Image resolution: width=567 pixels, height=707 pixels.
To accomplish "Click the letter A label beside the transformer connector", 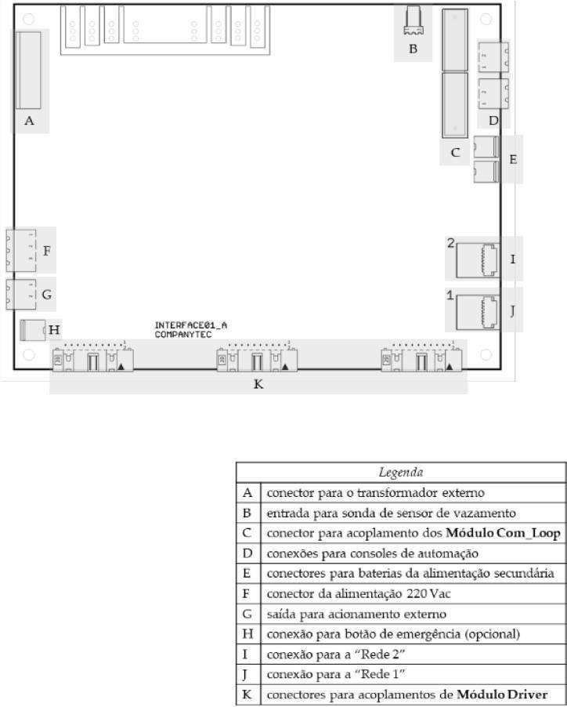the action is (x=29, y=121).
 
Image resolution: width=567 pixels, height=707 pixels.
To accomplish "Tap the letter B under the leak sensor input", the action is (x=413, y=49).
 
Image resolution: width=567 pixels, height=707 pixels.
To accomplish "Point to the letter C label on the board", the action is (x=455, y=152).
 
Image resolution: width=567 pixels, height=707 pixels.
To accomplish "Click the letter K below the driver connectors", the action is (x=258, y=384).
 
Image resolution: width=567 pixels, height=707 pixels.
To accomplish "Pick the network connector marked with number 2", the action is (x=478, y=260).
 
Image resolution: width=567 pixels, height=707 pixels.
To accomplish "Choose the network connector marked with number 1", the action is (x=478, y=312).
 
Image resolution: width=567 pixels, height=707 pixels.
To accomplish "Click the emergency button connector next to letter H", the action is (x=33, y=330).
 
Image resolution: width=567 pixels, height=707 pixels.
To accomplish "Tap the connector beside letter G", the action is (x=20, y=295).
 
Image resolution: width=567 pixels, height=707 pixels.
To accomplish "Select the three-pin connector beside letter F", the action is (x=20, y=251).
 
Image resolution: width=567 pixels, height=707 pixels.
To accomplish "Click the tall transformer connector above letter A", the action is (x=28, y=70).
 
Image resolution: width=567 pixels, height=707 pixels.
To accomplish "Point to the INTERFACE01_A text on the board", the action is (x=191, y=325).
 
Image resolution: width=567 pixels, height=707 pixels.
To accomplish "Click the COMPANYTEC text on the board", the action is (x=182, y=335).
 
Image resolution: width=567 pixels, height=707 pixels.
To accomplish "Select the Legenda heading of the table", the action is (x=401, y=472).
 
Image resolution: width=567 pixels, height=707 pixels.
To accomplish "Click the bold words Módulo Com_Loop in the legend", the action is (x=503, y=533).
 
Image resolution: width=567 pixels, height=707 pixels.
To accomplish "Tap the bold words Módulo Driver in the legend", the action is (x=502, y=694).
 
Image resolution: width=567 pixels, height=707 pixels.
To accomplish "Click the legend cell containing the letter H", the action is (x=248, y=634).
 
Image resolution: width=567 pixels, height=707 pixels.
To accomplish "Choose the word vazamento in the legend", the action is (x=488, y=513).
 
